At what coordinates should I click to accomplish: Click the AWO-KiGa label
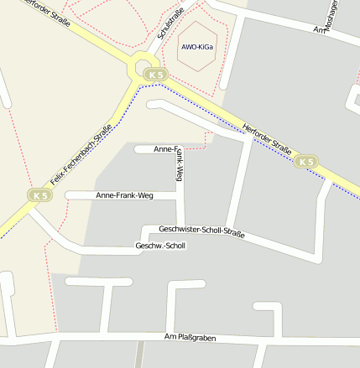[x=196, y=47]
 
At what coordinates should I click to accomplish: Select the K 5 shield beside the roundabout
[x=154, y=75]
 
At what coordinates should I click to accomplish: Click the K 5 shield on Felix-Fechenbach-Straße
[x=39, y=194]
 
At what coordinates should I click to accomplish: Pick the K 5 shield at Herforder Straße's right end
[x=306, y=161]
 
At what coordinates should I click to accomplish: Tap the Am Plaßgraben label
[x=190, y=338]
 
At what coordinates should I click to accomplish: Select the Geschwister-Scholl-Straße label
[x=201, y=231]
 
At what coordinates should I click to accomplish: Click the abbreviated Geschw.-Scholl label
[x=159, y=246]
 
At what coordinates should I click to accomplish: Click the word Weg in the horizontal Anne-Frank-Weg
[x=145, y=195]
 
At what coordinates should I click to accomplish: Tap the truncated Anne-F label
[x=165, y=148]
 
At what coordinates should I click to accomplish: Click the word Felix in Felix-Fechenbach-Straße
[x=59, y=174]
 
